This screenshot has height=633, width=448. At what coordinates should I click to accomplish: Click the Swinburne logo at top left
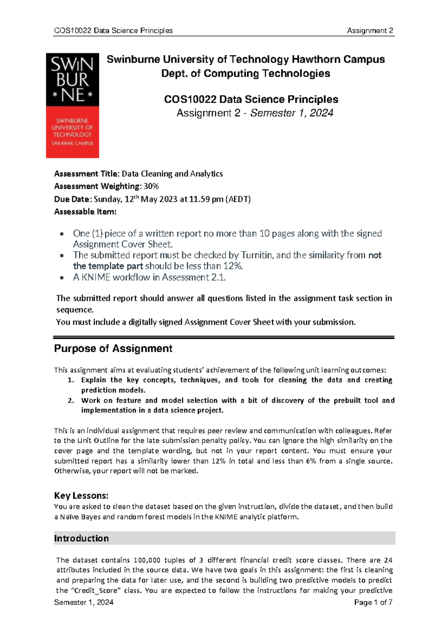click(72, 105)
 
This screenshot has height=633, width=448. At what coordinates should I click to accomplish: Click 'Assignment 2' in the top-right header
click(370, 31)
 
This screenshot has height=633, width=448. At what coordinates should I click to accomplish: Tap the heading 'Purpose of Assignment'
click(113, 349)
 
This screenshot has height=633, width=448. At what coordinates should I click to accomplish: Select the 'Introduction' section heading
click(81, 538)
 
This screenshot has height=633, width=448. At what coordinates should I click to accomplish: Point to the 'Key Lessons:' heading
click(81, 496)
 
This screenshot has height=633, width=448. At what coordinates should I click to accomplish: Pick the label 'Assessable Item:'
click(85, 212)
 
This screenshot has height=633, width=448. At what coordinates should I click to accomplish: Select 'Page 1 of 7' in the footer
click(373, 602)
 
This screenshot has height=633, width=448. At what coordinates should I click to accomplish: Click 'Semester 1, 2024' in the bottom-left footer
click(84, 602)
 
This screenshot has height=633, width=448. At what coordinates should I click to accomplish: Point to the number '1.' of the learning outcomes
click(71, 380)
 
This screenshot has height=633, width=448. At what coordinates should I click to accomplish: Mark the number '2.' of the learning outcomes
click(71, 400)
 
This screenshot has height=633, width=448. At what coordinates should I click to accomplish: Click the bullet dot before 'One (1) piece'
click(62, 234)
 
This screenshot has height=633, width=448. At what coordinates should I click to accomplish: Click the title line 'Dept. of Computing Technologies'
click(245, 74)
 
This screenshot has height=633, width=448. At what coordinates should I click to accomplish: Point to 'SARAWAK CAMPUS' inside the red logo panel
click(72, 143)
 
